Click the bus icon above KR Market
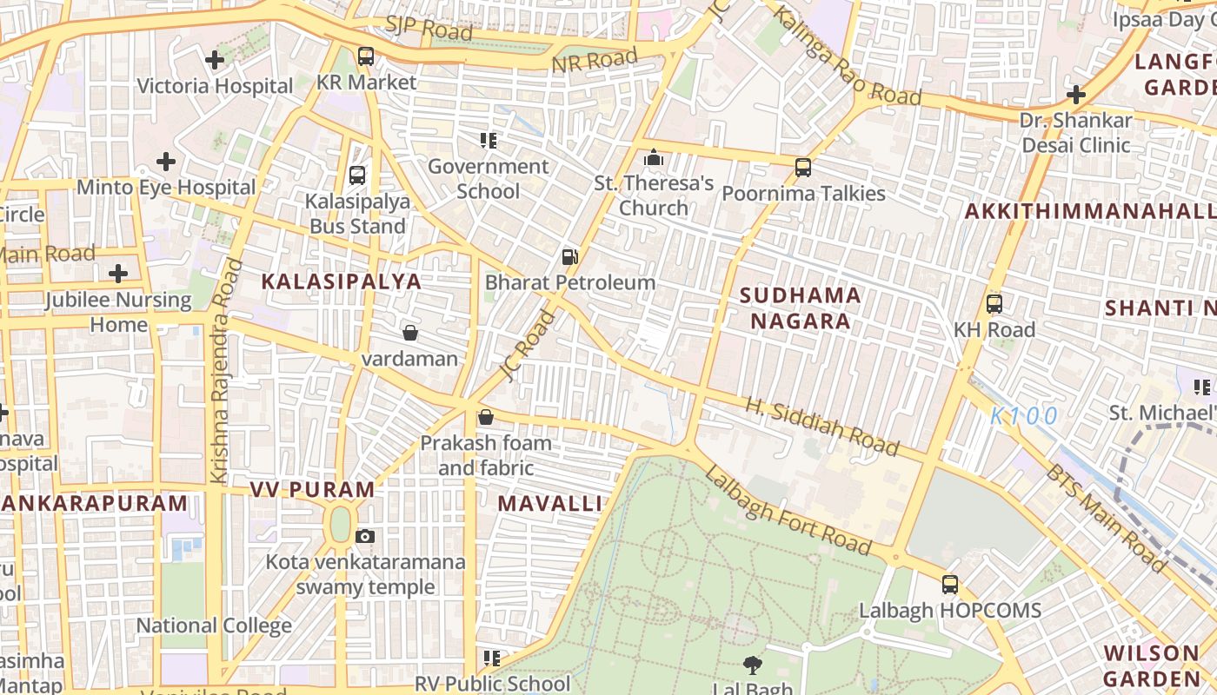(366, 57)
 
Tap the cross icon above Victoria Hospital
(215, 60)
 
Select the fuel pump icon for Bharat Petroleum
(569, 257)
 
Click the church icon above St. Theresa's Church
(653, 158)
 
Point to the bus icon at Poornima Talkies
(803, 168)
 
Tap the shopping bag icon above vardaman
(409, 333)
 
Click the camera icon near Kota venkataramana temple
(365, 536)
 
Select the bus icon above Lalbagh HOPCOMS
(950, 585)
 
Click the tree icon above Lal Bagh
(752, 665)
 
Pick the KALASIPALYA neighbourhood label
(342, 281)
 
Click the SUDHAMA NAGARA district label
(801, 308)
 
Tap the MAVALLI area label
(550, 503)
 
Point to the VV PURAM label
(313, 489)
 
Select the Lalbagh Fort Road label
(788, 510)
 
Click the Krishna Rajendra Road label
(223, 370)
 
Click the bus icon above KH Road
(994, 304)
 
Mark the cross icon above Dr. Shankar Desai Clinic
(1076, 95)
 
